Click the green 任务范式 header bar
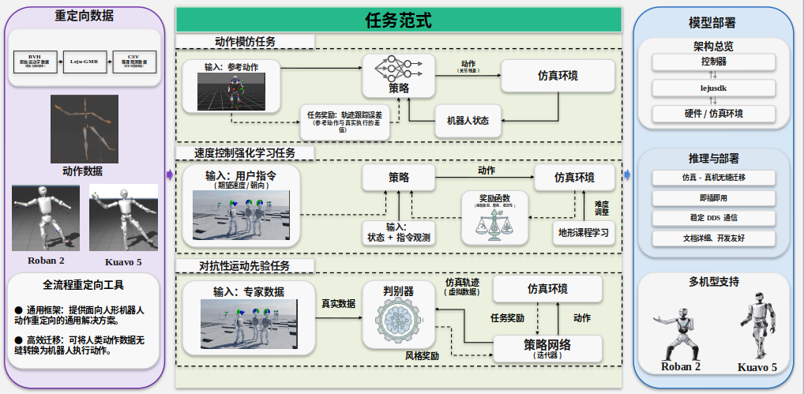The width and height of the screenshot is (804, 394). click(398, 20)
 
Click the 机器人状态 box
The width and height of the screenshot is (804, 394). click(468, 121)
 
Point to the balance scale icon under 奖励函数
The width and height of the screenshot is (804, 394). click(495, 226)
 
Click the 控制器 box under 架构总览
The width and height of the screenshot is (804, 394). click(714, 62)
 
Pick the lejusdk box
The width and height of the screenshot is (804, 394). click(714, 88)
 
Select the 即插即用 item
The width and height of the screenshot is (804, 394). click(714, 197)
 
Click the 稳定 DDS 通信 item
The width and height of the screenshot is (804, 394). click(714, 217)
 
